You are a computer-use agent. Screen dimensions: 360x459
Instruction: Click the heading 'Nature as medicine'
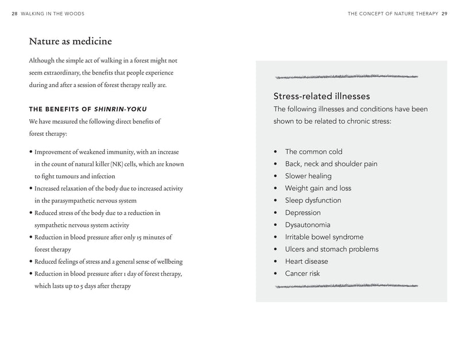point(70,41)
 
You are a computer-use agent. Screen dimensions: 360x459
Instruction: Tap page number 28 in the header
point(14,14)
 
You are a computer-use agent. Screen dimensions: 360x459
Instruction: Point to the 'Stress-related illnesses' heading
point(321,96)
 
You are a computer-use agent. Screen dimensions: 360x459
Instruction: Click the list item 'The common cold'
point(313,152)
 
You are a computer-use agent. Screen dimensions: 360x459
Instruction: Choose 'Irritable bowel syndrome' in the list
point(324,237)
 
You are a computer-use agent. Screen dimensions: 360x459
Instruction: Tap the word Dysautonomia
point(308,225)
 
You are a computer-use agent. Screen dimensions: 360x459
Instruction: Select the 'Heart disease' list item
point(306,261)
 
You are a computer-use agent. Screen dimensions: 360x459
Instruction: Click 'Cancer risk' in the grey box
point(302,273)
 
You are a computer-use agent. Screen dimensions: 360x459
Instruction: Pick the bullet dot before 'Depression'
point(276,213)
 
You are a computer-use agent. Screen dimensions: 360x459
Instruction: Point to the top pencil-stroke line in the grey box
point(347,77)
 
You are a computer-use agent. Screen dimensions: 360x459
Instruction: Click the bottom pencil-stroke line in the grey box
point(347,285)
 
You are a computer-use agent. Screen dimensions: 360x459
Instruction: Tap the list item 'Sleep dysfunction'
point(313,201)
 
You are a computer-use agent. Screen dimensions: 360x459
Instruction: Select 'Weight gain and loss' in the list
point(318,188)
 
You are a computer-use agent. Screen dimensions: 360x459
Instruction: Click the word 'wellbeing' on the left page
point(168,261)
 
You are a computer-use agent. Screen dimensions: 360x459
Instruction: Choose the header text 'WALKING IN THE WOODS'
point(52,14)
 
